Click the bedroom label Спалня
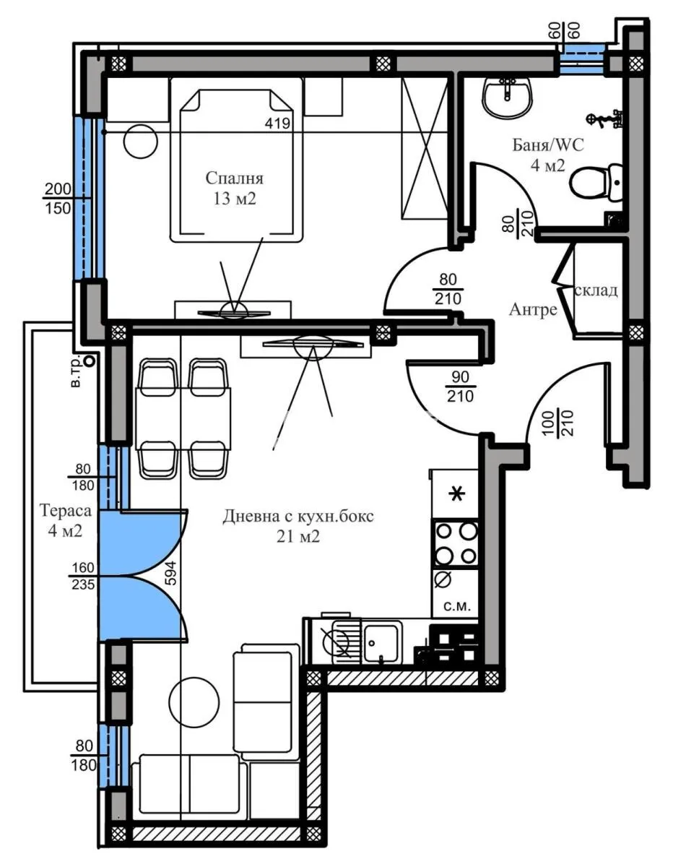(235, 178)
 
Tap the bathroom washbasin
(508, 96)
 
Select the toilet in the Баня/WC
(596, 182)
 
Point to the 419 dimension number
(277, 123)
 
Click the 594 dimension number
(170, 573)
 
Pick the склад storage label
(596, 290)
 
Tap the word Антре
(533, 309)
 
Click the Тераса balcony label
(66, 510)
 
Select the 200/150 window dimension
(58, 198)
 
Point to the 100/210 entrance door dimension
(559, 423)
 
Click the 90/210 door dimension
(461, 387)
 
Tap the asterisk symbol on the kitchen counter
(456, 495)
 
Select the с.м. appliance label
(457, 607)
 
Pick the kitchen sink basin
(381, 644)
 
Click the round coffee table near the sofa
(194, 702)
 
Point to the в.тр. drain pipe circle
(91, 361)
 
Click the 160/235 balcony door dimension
(83, 576)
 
